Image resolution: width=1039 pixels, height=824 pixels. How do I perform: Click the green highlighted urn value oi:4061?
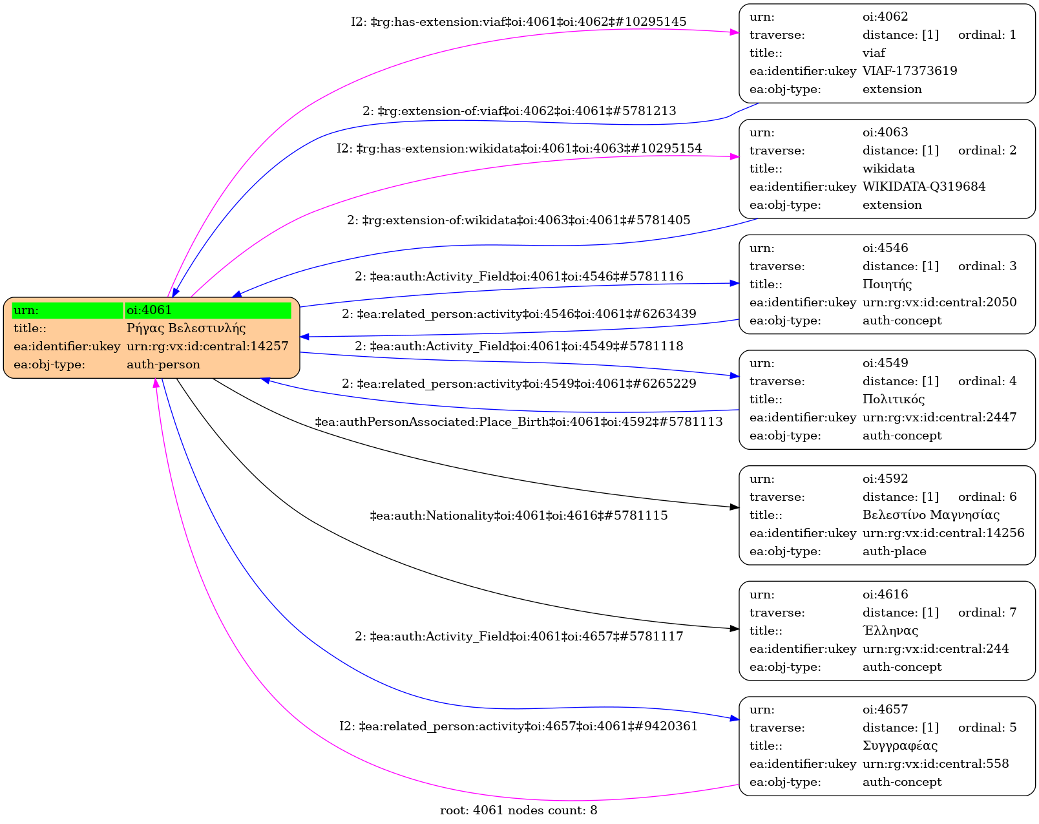pyautogui.click(x=149, y=310)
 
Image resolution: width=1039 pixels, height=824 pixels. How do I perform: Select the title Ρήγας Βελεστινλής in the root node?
pyautogui.click(x=186, y=328)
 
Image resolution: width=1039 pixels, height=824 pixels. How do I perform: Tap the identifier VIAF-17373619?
pyautogui.click(x=909, y=71)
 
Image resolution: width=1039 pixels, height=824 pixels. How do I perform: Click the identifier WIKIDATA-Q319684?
pyautogui.click(x=923, y=187)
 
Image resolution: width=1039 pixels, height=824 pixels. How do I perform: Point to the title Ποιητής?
pyautogui.click(x=887, y=284)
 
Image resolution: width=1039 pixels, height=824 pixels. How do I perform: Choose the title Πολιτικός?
pyautogui.click(x=893, y=399)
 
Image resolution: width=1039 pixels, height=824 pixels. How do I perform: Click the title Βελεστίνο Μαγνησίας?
pyautogui.click(x=930, y=515)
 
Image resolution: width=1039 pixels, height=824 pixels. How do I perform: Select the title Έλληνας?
pyautogui.click(x=890, y=631)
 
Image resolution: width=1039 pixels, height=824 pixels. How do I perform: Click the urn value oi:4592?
pyautogui.click(x=885, y=479)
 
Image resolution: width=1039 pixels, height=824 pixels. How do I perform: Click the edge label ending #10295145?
pyautogui.click(x=518, y=22)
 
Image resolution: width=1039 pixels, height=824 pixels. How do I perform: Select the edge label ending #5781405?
pyautogui.click(x=518, y=220)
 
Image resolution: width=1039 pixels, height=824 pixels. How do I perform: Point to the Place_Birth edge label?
pyautogui.click(x=518, y=422)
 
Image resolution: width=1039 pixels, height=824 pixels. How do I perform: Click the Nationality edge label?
pyautogui.click(x=518, y=516)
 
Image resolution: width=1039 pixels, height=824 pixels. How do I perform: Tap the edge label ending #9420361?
pyautogui.click(x=518, y=726)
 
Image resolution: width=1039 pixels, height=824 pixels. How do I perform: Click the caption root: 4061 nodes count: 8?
pyautogui.click(x=518, y=810)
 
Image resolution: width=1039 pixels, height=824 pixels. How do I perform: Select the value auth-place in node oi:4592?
pyautogui.click(x=894, y=551)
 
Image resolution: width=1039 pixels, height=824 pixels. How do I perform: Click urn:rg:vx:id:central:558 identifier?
pyautogui.click(x=935, y=764)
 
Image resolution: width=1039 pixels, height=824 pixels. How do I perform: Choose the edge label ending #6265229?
pyautogui.click(x=518, y=384)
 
